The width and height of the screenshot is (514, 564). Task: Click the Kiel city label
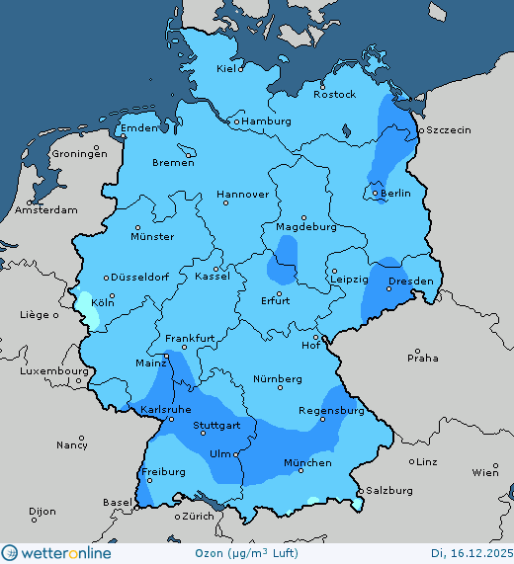(x=228, y=69)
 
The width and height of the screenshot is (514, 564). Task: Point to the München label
(x=306, y=463)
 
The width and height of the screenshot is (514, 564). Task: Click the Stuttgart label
(x=216, y=428)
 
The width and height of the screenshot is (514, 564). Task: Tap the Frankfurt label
(x=190, y=338)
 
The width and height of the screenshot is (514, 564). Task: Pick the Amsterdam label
(x=46, y=210)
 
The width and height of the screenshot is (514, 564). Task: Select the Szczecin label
(x=449, y=130)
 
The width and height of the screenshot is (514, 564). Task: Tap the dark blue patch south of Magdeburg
(x=284, y=264)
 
